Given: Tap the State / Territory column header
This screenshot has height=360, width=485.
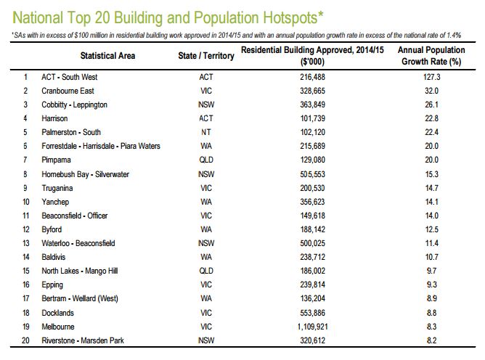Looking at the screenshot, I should [205, 56].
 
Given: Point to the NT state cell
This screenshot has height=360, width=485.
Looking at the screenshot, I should [205, 132].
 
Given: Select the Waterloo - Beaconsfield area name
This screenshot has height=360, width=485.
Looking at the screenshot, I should [79, 243].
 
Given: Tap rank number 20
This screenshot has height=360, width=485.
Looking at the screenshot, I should [26, 340].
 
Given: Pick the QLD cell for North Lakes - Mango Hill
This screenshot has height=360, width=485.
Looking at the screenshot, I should [205, 271].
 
